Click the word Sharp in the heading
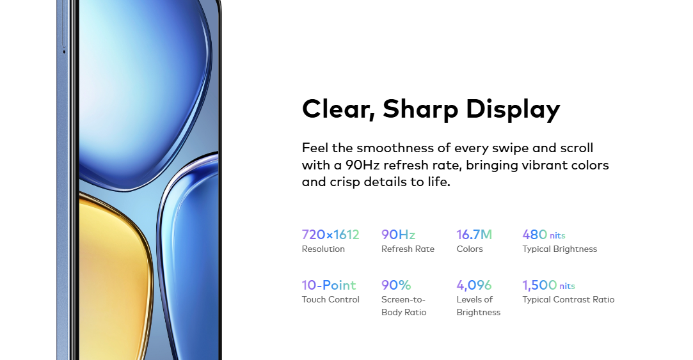pyautogui.click(x=420, y=109)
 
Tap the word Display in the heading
pyautogui.click(x=513, y=109)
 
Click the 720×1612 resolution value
pyautogui.click(x=331, y=235)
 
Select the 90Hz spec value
pyautogui.click(x=398, y=235)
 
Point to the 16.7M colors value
pyautogui.click(x=474, y=235)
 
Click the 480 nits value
pyautogui.click(x=544, y=235)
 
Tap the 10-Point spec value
pyautogui.click(x=329, y=285)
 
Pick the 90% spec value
pyautogui.click(x=396, y=285)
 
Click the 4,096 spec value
pyautogui.click(x=474, y=285)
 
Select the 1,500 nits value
pyautogui.click(x=548, y=285)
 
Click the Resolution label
pyautogui.click(x=323, y=249)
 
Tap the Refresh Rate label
pyautogui.click(x=408, y=249)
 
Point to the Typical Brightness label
pyautogui.click(x=559, y=249)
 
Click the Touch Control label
pyautogui.click(x=331, y=299)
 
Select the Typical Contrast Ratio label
pyautogui.click(x=568, y=299)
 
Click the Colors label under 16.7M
pyautogui.click(x=470, y=249)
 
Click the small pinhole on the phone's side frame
pyautogui.click(x=64, y=52)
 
